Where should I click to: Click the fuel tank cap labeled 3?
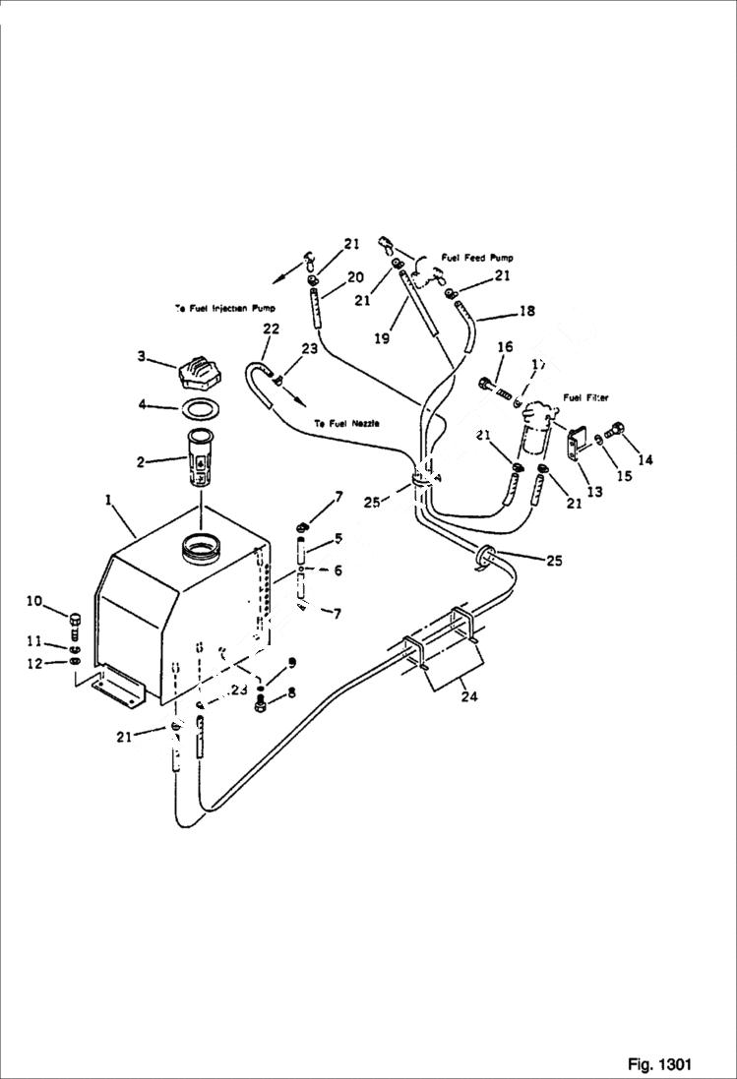pyautogui.click(x=202, y=375)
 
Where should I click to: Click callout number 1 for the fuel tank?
pyautogui.click(x=109, y=501)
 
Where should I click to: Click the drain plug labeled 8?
pyautogui.click(x=261, y=704)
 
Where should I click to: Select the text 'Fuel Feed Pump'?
pyautogui.click(x=477, y=258)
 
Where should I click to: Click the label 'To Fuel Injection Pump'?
pyautogui.click(x=224, y=308)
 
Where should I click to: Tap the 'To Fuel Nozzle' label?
pyautogui.click(x=347, y=423)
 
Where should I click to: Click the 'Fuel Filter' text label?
pyautogui.click(x=585, y=397)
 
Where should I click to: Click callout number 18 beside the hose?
pyautogui.click(x=527, y=311)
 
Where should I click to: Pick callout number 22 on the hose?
pyautogui.click(x=271, y=329)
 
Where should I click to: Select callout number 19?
pyautogui.click(x=382, y=337)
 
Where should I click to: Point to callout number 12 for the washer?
pyautogui.click(x=34, y=664)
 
